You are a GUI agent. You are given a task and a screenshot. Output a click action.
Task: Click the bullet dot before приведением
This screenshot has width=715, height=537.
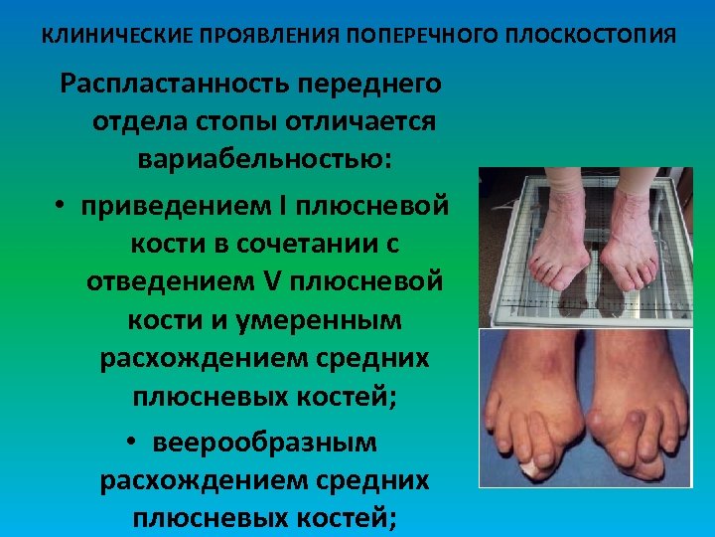point(61,207)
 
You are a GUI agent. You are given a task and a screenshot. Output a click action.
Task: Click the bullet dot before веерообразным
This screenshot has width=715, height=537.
point(132,442)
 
